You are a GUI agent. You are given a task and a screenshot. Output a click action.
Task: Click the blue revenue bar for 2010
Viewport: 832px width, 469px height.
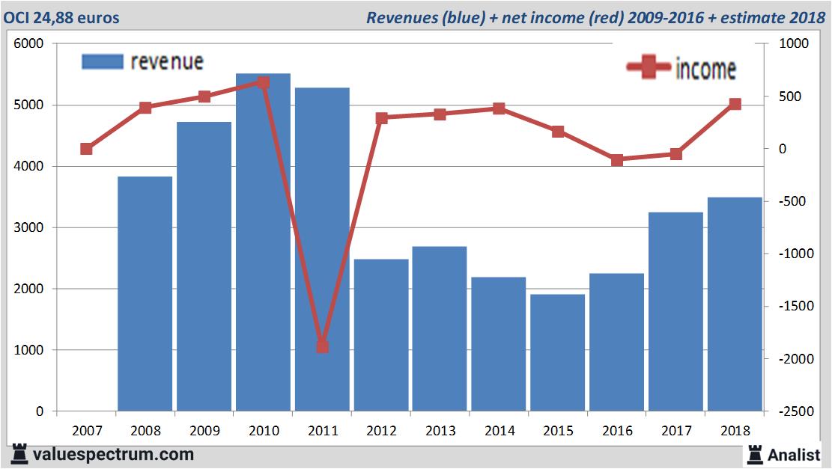pos(263,242)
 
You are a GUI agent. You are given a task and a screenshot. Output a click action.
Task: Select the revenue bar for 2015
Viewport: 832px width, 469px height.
pos(558,352)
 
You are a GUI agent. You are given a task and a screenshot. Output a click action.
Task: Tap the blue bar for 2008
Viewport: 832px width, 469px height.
pos(145,294)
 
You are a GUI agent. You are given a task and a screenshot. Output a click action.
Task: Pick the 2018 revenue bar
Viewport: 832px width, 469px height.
pos(735,304)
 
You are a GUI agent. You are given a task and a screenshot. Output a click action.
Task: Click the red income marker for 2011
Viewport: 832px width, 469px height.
pos(322,346)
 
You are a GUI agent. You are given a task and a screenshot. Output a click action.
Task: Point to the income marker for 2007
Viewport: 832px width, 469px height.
pos(86,149)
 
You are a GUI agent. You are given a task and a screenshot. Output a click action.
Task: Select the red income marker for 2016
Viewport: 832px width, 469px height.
pos(617,160)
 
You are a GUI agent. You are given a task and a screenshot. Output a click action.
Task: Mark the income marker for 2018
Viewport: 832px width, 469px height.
pos(735,104)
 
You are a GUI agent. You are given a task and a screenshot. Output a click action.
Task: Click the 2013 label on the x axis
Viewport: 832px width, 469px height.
pos(440,431)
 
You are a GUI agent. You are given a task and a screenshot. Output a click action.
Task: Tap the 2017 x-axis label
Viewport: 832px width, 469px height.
pos(675,431)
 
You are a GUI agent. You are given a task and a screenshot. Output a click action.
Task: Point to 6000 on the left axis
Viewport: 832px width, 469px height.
pos(29,44)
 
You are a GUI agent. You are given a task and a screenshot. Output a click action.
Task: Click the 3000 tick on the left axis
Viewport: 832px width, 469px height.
pos(29,227)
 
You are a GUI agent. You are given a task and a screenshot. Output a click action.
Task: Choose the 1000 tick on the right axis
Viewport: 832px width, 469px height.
pos(793,44)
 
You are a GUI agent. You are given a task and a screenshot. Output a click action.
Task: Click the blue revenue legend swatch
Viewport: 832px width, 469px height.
pos(102,62)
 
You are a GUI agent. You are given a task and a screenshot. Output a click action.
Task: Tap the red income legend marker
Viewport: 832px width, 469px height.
pos(648,68)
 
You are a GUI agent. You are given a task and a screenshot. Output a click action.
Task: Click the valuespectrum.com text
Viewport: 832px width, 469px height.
pos(113,454)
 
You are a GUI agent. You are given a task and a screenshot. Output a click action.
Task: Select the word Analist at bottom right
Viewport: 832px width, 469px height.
pos(794,454)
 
